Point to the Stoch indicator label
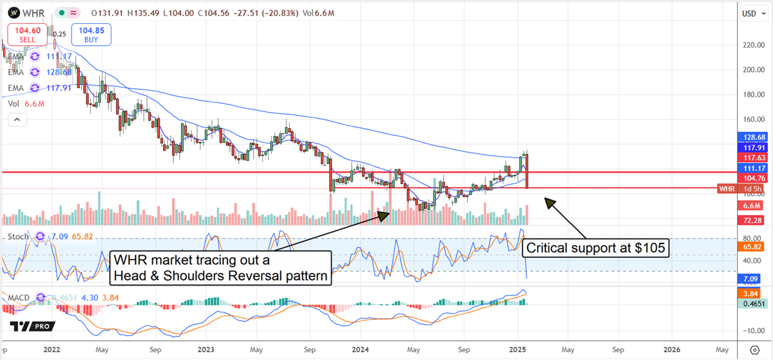pos(17,236)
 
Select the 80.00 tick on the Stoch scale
pos(748,238)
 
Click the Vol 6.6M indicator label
pos(22,103)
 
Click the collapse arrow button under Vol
pos(17,119)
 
